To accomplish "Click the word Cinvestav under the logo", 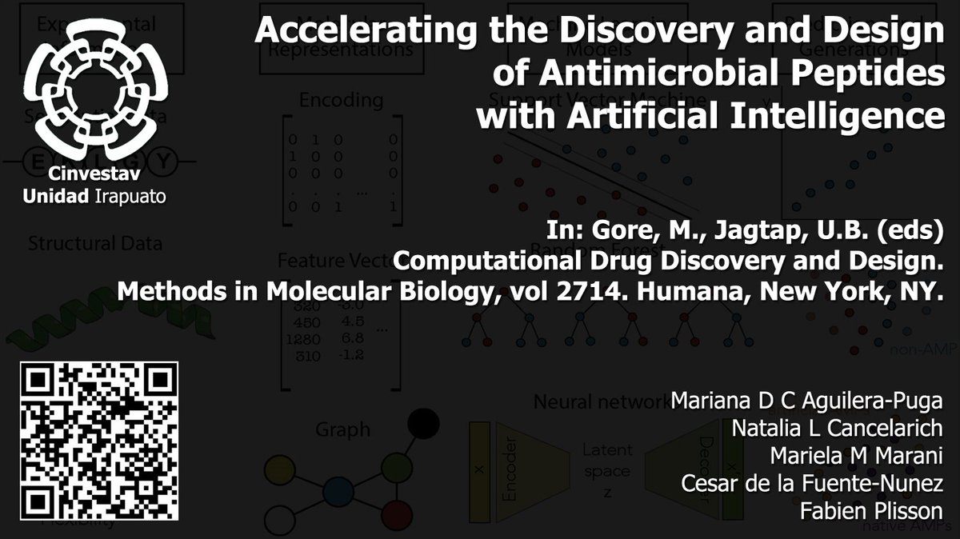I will coord(97,175).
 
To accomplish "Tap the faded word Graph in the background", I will coord(342,429).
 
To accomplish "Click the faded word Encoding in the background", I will coord(341,100).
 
